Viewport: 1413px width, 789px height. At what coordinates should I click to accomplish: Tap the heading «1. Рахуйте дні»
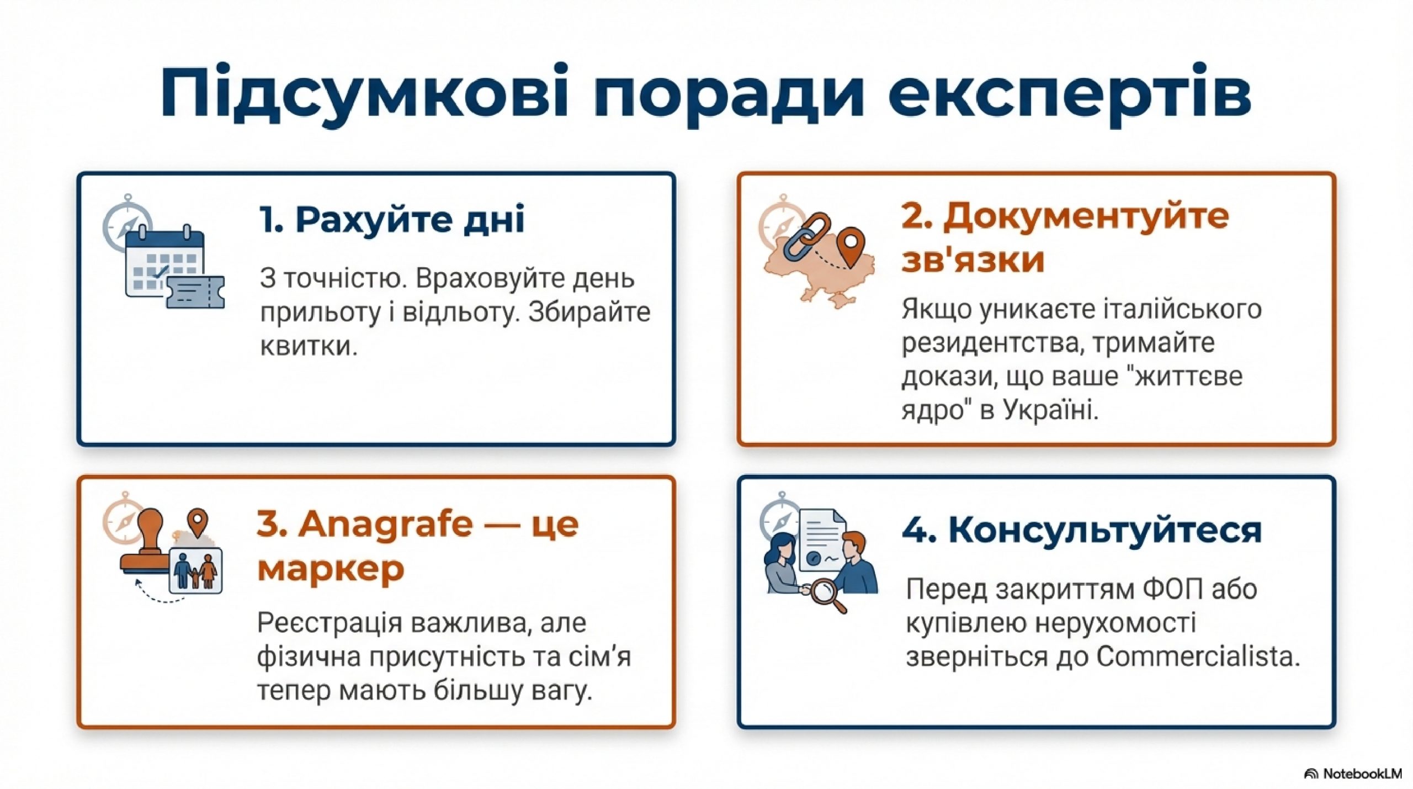392,219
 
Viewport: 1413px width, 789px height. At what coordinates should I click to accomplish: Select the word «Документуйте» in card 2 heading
1086,216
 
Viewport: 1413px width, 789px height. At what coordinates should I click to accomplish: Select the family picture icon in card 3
196,571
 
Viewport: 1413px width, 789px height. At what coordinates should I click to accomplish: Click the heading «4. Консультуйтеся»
1082,530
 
